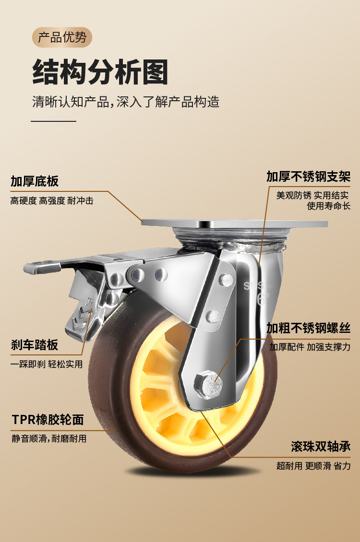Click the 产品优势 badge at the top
[62, 37]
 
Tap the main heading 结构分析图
[100, 72]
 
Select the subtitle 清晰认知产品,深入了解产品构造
[126, 102]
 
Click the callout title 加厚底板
[35, 181]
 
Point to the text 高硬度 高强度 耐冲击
[52, 201]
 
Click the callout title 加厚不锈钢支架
[308, 177]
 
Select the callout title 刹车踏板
[35, 344]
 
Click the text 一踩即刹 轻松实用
[47, 365]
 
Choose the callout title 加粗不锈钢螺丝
[308, 328]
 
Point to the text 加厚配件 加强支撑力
[310, 347]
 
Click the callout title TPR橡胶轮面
[48, 420]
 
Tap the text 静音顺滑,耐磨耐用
[49, 438]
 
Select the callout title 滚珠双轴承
[320, 447]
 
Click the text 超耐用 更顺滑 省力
[313, 466]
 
